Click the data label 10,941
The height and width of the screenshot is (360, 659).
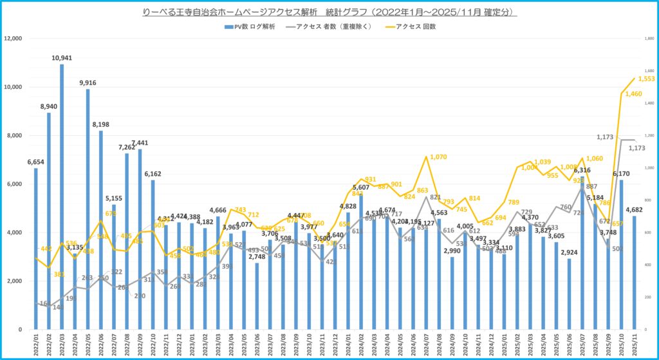pyautogui.click(x=62, y=58)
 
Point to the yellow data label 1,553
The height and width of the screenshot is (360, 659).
pyautogui.click(x=646, y=79)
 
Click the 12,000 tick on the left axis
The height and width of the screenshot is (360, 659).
pyautogui.click(x=13, y=39)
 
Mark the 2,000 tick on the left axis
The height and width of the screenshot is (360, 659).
pyautogui.click(x=15, y=281)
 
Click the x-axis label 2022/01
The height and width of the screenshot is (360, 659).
pyautogui.click(x=36, y=343)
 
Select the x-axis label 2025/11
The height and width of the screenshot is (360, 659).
pyautogui.click(x=634, y=343)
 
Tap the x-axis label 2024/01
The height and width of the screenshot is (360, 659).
pyautogui.click(x=348, y=343)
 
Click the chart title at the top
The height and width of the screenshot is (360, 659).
pyautogui.click(x=329, y=12)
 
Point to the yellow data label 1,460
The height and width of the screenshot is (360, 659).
pyautogui.click(x=634, y=94)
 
